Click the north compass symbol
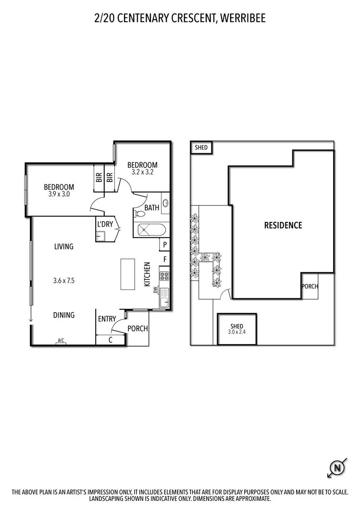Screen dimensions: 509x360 [337, 466]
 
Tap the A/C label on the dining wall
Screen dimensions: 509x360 [61, 340]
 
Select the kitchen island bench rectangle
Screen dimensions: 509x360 [127, 274]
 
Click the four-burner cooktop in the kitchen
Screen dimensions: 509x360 [164, 276]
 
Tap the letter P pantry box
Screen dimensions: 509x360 [165, 245]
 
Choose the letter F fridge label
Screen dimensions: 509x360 [165, 260]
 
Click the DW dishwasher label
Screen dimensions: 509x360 [155, 291]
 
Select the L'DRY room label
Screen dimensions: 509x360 [105, 224]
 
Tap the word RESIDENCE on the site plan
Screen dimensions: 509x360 [283, 225]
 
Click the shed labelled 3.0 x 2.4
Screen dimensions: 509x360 [236, 329]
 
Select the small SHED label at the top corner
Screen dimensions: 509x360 [201, 147]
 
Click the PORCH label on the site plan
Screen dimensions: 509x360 [310, 287]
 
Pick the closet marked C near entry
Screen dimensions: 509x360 [111, 340]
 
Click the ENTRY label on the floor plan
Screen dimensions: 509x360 [107, 319]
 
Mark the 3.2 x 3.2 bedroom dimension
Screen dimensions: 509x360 [142, 172]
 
